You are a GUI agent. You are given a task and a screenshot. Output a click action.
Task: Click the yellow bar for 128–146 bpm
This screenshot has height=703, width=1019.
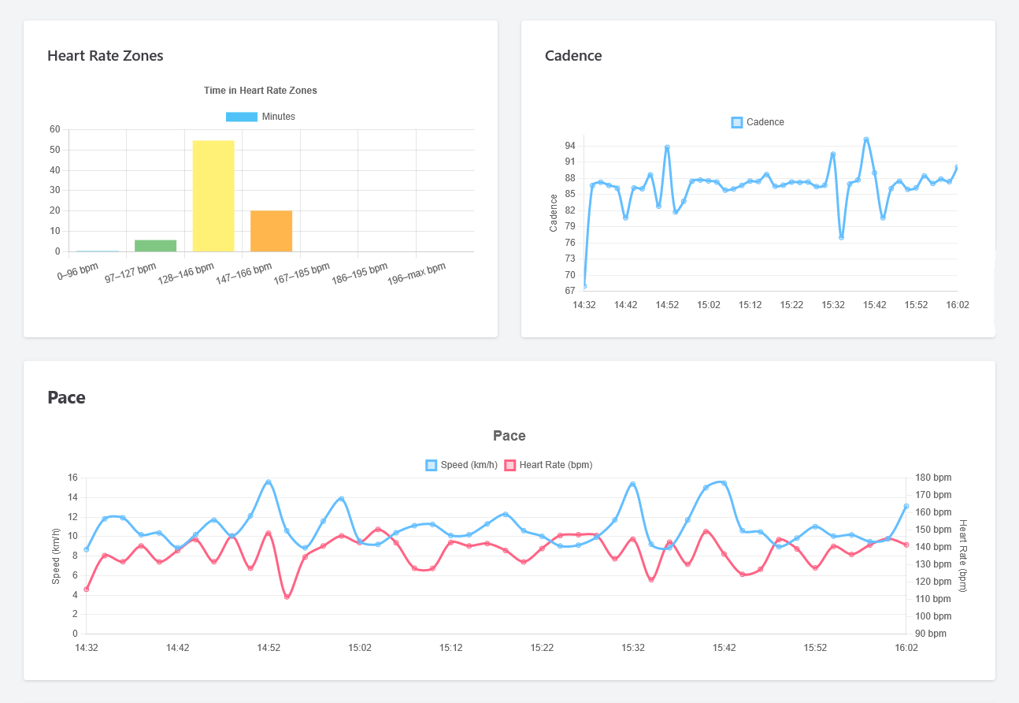[x=213, y=195]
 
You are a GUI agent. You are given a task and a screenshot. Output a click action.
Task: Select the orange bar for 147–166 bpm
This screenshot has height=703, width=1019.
[x=271, y=231]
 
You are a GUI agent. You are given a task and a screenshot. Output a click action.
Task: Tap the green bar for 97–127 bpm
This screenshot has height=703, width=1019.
[x=155, y=246]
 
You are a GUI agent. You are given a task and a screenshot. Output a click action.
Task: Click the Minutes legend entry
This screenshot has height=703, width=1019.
[x=260, y=117]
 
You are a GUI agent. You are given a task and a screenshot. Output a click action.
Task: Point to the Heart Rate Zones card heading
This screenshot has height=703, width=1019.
[x=106, y=56]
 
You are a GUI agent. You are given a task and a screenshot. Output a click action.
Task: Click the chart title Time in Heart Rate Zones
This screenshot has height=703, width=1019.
[x=260, y=91]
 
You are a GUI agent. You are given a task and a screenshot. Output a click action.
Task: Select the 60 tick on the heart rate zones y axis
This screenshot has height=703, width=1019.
[x=54, y=129]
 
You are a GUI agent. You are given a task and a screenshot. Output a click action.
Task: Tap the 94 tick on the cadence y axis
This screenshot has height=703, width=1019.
[x=569, y=146]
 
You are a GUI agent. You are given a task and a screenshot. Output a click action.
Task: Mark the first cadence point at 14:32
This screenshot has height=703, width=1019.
[x=584, y=286]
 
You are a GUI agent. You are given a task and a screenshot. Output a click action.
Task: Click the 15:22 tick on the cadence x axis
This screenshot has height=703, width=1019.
[x=791, y=305]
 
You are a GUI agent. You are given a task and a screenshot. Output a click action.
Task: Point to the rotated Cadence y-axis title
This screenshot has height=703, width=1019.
[x=554, y=212]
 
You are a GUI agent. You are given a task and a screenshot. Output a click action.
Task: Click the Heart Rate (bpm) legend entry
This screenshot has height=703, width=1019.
[x=548, y=465]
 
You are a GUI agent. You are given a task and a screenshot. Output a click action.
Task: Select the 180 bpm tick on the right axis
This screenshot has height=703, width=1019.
[x=932, y=478]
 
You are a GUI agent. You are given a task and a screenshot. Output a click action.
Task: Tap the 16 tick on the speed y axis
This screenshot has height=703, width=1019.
[x=72, y=478]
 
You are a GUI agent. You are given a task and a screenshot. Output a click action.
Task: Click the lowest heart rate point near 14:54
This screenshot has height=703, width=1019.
[x=287, y=597]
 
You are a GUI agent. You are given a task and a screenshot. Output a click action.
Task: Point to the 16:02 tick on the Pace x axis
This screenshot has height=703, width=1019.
[x=906, y=648]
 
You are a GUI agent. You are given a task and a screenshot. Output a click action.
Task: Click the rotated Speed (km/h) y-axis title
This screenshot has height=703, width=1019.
[x=56, y=556]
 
